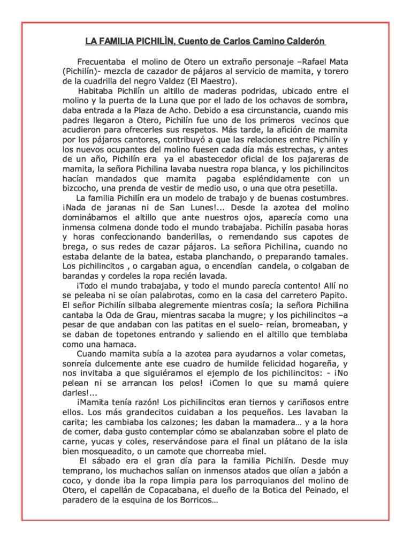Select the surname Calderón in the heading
click(305, 42)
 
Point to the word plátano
click(289, 442)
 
